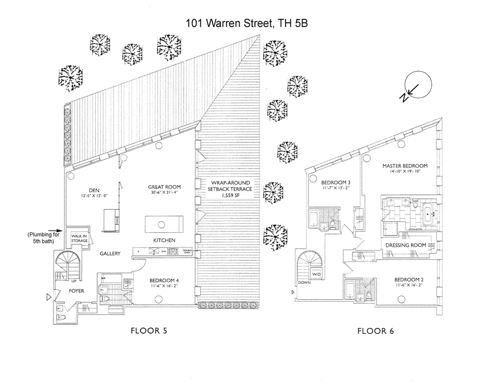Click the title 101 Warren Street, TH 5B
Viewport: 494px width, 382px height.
[247, 24]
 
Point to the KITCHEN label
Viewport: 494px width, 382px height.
[164, 241]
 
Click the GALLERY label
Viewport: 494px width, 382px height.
[110, 254]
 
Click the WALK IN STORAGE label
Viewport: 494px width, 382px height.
[80, 239]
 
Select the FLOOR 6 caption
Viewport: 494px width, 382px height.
[376, 331]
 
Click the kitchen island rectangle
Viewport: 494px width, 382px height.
[164, 224]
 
